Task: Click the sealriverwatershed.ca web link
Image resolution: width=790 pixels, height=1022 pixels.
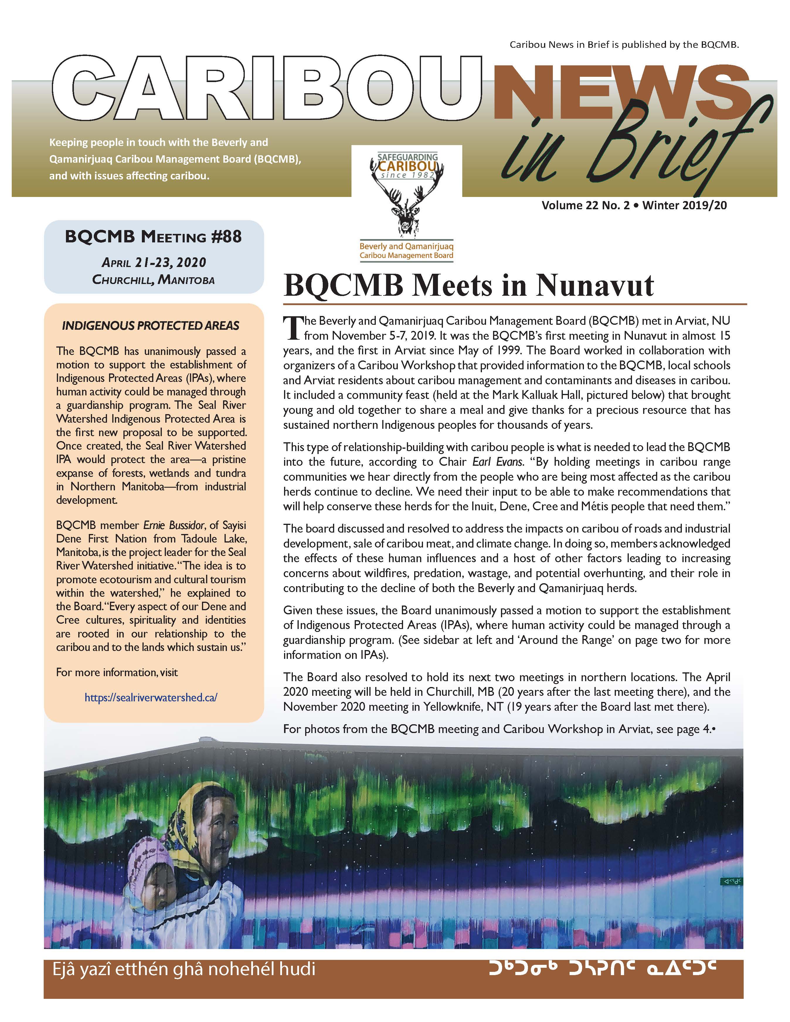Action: point(151,697)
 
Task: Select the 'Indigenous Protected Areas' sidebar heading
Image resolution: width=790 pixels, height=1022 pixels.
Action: point(151,326)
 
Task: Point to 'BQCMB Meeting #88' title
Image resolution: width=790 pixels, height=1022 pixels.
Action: point(154,237)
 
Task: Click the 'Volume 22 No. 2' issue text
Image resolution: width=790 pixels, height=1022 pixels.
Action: point(585,205)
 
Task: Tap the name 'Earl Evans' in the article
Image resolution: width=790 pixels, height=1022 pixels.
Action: point(497,462)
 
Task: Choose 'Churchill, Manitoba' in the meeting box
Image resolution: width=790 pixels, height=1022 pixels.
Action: point(154,280)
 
